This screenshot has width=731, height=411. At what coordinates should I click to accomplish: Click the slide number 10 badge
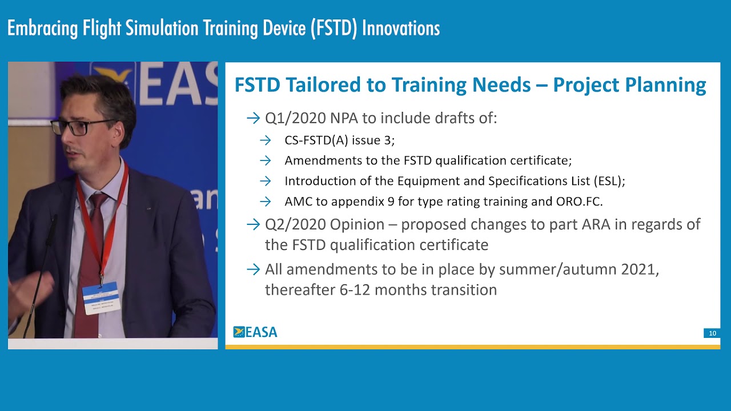point(712,333)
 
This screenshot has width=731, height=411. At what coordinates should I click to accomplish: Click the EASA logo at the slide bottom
point(255,332)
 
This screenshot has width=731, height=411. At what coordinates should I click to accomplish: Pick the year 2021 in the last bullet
point(640,269)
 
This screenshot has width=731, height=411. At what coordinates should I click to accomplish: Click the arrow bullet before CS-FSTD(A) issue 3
point(265,140)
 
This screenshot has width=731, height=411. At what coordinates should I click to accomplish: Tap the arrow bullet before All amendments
point(253,269)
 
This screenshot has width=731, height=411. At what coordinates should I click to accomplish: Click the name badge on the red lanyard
point(101,297)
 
